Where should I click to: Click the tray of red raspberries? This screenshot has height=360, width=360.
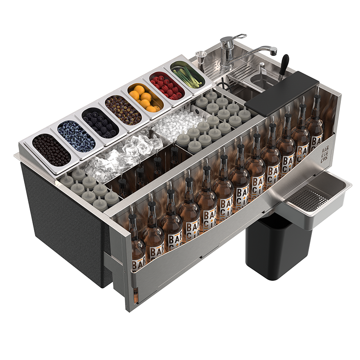166,85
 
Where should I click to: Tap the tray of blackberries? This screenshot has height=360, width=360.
100,122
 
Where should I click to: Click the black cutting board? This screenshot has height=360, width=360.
281,93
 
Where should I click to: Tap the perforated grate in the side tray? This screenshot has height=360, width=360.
306,198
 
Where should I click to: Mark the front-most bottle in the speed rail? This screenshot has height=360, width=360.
137,243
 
